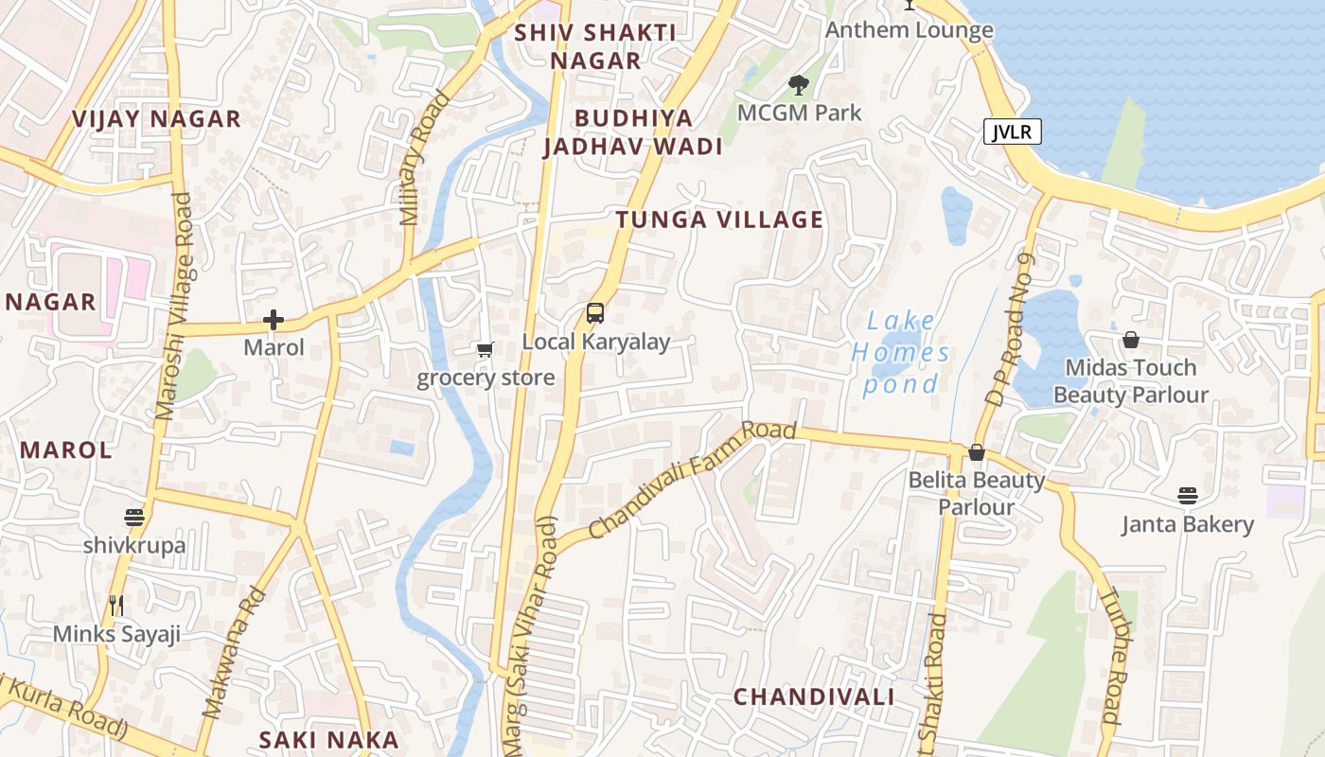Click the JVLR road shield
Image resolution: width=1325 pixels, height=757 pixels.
pos(1012,132)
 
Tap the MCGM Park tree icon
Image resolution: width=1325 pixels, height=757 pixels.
pos(799,85)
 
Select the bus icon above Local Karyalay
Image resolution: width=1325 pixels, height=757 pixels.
pos(594,313)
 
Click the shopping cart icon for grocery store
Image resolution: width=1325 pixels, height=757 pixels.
pos(486,350)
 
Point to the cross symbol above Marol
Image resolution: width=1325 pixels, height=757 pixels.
pos(274,320)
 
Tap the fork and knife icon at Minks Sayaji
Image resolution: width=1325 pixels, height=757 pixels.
pos(116,606)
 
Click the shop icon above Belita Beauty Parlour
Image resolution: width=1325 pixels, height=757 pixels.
pos(977,452)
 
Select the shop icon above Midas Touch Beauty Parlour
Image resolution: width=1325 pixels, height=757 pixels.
pos(1130,340)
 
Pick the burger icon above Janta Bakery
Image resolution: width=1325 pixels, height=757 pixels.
pos(1188,495)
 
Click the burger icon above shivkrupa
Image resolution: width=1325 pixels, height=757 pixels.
pos(133,518)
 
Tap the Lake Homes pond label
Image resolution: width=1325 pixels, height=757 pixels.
pos(899,352)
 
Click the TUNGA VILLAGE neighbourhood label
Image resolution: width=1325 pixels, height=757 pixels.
pos(719,220)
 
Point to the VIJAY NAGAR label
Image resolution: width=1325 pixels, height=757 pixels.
pos(157,119)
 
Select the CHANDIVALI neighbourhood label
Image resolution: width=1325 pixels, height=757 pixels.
pos(814,697)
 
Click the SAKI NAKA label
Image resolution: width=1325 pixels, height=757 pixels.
pos(329,740)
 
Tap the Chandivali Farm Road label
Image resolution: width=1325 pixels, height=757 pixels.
pos(692,480)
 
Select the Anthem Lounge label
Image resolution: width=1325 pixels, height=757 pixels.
pos(909,30)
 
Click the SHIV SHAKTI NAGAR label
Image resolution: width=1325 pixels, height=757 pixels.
pos(595,46)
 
